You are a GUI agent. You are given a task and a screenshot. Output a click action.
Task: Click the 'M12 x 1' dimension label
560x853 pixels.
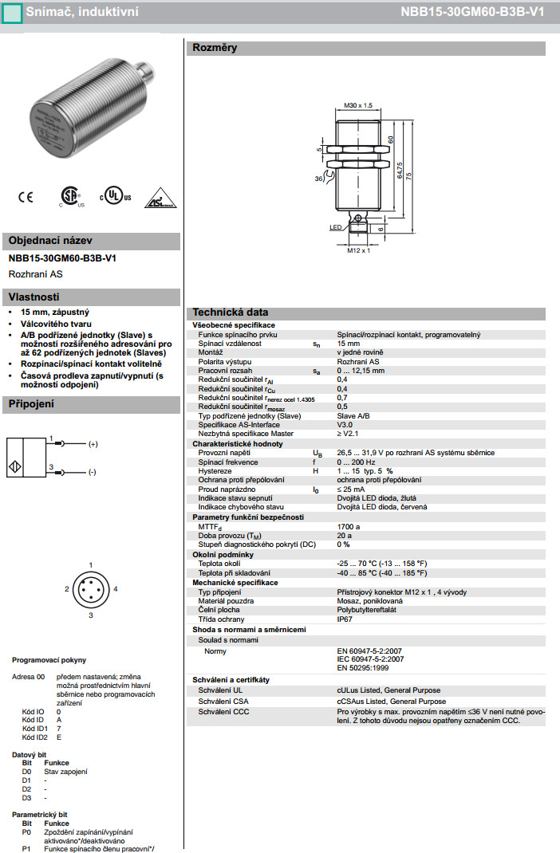pyautogui.click(x=359, y=250)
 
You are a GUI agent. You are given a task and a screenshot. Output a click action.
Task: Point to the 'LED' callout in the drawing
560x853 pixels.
pyautogui.click(x=335, y=227)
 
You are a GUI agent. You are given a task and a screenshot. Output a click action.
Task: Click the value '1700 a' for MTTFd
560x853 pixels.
pyautogui.click(x=349, y=526)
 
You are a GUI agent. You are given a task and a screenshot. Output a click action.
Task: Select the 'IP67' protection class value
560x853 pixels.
pyautogui.click(x=345, y=619)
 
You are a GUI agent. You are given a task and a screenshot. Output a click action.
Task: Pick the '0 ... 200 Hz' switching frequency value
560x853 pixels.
pyautogui.click(x=355, y=462)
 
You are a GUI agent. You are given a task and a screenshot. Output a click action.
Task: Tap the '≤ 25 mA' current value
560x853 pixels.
pyautogui.click(x=351, y=489)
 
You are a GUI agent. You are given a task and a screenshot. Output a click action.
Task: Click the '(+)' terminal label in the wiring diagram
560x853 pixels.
pyautogui.click(x=93, y=443)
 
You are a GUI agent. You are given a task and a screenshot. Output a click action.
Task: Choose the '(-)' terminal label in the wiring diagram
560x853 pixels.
pyautogui.click(x=92, y=472)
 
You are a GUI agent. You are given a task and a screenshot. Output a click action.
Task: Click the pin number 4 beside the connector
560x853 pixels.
pyautogui.click(x=116, y=588)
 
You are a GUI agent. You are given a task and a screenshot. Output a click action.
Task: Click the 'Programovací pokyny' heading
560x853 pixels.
pyautogui.click(x=49, y=660)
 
